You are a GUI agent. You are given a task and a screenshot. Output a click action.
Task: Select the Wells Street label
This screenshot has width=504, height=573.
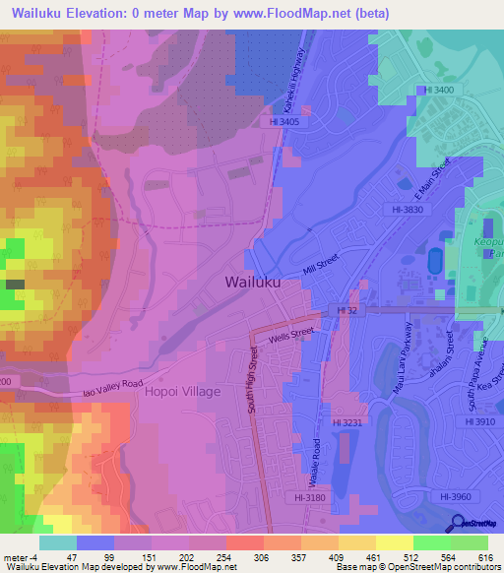291,335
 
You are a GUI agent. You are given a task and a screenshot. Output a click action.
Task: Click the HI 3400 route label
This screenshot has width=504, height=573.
438,90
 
